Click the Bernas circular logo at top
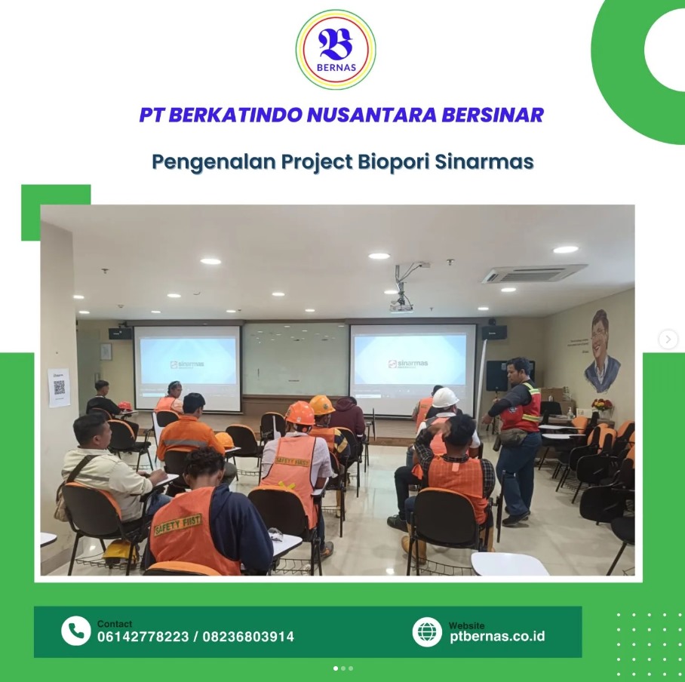tap(336, 49)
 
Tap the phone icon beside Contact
tap(75, 631)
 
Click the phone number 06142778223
tap(143, 637)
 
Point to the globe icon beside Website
tap(427, 631)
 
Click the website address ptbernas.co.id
tap(496, 636)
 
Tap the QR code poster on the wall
tap(59, 387)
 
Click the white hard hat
tap(444, 397)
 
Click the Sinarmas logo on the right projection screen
tap(407, 364)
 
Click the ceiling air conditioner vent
tap(533, 274)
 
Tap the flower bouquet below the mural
tap(601, 406)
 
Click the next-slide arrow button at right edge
tap(668, 339)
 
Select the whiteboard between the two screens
tap(295, 358)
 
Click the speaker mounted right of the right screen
tap(494, 332)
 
